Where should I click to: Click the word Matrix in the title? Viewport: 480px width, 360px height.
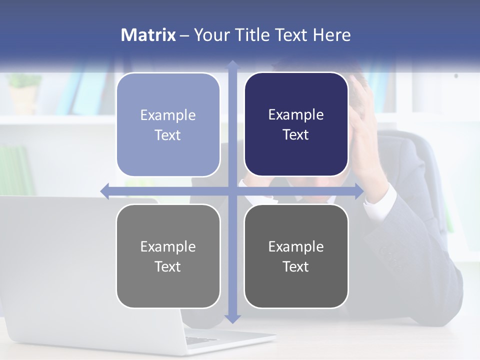coord(148,35)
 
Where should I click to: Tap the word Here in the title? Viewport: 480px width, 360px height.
coord(331,35)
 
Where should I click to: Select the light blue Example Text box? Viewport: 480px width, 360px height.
coord(168,124)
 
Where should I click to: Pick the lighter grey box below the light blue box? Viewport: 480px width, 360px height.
coord(168,256)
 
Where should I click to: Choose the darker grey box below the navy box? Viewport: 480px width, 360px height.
coord(296,256)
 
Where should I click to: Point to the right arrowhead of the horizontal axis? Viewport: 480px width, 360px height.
coord(359,191)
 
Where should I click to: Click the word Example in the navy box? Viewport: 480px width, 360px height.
coord(296,115)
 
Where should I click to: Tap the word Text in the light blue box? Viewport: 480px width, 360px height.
coord(168,135)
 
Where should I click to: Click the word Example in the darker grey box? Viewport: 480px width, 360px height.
coord(296,246)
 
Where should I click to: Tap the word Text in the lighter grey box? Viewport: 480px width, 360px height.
coord(168,267)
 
